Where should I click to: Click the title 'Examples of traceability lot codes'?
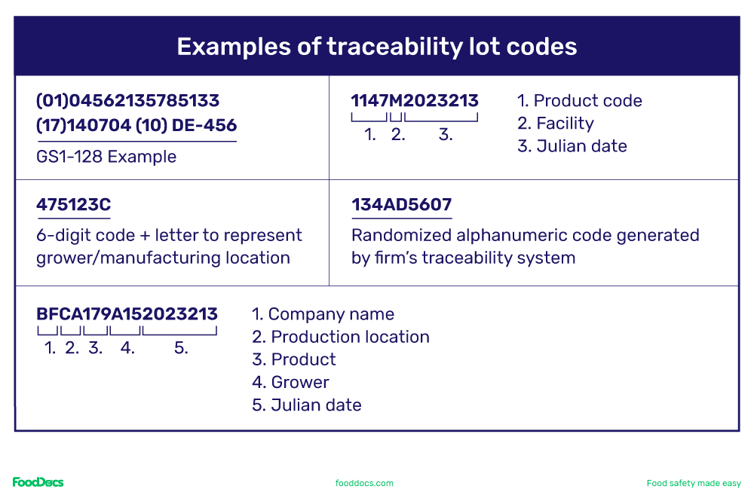point(376,47)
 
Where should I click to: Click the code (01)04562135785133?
point(128,101)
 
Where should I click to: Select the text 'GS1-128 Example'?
point(106,157)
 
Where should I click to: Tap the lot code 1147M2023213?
point(415,101)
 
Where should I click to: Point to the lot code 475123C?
point(74,204)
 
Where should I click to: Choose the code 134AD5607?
point(401,204)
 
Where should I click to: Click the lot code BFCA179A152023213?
point(127,314)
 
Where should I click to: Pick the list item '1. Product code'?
point(580,101)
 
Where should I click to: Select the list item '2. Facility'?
point(556,124)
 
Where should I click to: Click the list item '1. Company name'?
point(323,314)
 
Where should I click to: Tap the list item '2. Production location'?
point(341,337)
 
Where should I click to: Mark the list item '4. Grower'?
point(290,382)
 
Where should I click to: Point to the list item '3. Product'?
point(294,359)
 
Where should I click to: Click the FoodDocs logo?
point(38,482)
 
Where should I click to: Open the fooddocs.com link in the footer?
point(364,483)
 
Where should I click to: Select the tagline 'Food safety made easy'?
point(694,483)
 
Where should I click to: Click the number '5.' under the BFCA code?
point(181,348)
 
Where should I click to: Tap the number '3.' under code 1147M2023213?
point(446,135)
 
